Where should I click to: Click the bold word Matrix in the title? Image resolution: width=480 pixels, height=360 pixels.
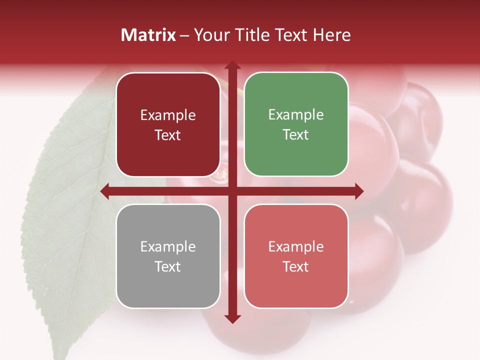coord(148,35)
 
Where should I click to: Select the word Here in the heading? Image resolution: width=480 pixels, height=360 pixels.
coord(331,35)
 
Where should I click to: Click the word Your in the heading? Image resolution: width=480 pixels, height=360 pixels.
coord(208,35)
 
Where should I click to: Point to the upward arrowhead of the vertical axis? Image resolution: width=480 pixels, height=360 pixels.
coord(232,65)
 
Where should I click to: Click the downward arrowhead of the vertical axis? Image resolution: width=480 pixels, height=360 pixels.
coord(232,318)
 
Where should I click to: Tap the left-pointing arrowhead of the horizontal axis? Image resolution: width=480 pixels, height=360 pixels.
coord(105,191)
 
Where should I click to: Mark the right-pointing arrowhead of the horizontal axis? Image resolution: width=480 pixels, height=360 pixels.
coord(358,191)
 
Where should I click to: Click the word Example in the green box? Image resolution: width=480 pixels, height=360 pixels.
coord(296,115)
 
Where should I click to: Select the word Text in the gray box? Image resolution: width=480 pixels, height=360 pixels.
coord(168,266)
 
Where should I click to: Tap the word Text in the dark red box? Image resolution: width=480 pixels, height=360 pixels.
coord(168,135)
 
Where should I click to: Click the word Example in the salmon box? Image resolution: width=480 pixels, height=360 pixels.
coord(296,246)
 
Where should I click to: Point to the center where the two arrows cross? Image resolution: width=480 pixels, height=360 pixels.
coord(232,191)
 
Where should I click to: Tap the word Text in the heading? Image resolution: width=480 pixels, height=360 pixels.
coord(290,35)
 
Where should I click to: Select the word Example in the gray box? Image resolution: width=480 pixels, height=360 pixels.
coord(168,246)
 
